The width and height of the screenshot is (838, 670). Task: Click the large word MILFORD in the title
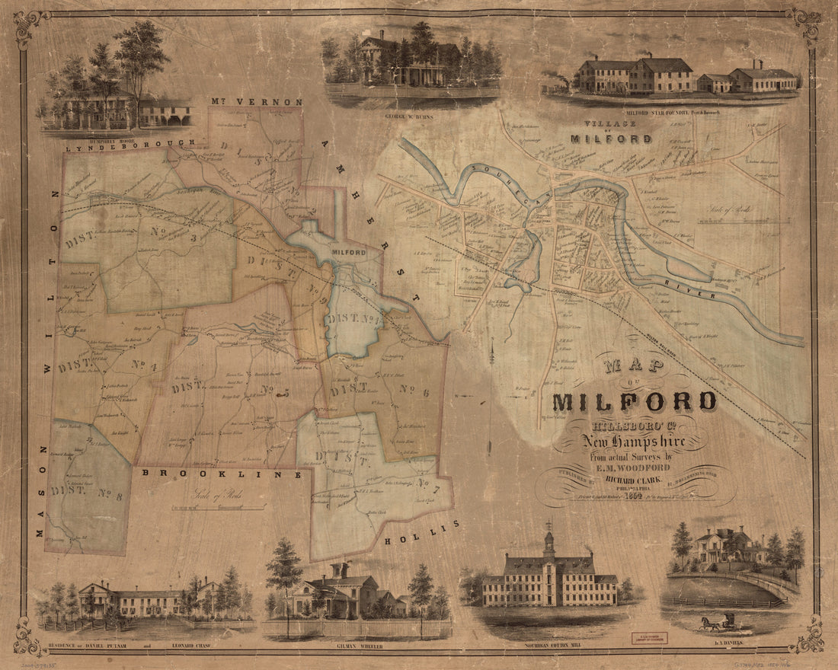[634, 402]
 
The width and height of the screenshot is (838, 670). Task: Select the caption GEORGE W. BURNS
[411, 99]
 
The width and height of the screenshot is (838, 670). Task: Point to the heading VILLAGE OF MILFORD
[611, 132]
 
